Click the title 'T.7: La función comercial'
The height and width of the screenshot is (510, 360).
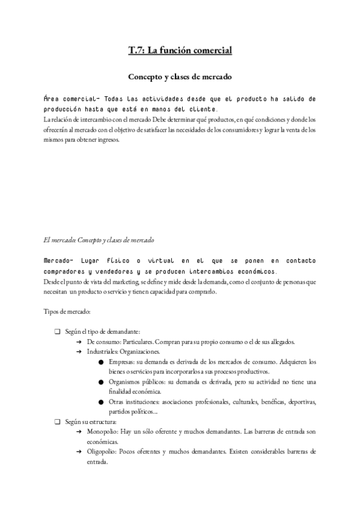click(180, 51)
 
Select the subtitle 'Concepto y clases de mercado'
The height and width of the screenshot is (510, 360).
click(180, 77)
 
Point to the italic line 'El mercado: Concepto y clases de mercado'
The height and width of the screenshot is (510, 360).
click(99, 240)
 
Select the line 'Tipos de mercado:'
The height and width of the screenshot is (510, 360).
click(67, 312)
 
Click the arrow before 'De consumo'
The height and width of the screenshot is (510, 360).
click(79, 342)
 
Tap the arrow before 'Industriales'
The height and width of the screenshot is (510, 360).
click(79, 351)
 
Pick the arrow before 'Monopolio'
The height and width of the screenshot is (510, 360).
click(79, 432)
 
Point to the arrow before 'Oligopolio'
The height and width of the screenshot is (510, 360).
click(79, 451)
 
